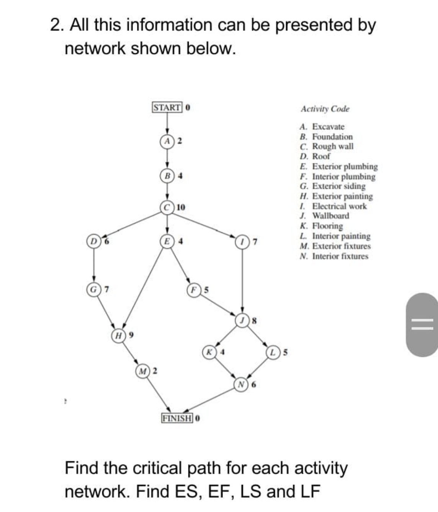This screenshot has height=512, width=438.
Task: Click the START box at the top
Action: point(167,108)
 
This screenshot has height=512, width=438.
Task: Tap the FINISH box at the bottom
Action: point(177,418)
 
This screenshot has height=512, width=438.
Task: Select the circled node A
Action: point(167,141)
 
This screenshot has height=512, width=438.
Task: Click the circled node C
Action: point(167,207)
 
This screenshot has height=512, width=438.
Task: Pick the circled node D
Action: point(93,242)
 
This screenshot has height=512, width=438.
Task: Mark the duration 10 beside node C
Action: point(181,207)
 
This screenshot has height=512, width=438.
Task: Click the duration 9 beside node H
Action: point(131,335)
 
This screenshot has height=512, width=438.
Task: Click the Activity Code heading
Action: point(325,109)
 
